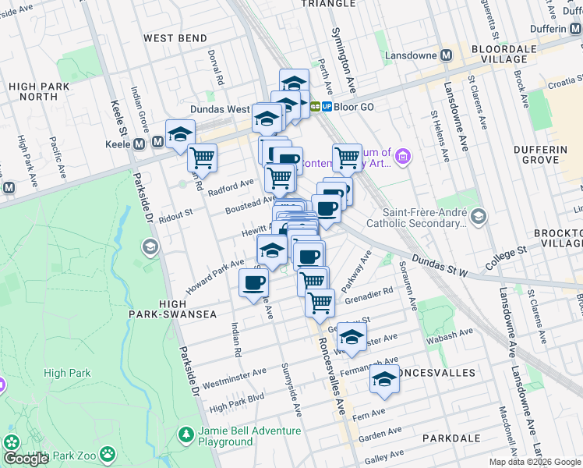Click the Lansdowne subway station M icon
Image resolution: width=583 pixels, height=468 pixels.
click(447, 55)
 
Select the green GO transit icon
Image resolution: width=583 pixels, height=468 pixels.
click(316, 106)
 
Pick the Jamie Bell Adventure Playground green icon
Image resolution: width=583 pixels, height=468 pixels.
click(185, 433)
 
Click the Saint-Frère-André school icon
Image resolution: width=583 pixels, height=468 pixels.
click(478, 216)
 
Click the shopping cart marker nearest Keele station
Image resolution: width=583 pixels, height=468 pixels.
click(203, 158)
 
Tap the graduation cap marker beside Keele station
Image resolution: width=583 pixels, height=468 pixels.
click(180, 133)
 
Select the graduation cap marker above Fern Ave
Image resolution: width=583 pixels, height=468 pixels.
click(384, 379)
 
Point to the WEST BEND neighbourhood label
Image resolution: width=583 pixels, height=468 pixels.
click(175, 38)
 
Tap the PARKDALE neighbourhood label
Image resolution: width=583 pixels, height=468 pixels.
click(451, 438)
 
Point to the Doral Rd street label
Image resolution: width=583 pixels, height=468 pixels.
click(216, 68)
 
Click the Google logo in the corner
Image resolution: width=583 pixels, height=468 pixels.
click(26, 459)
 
